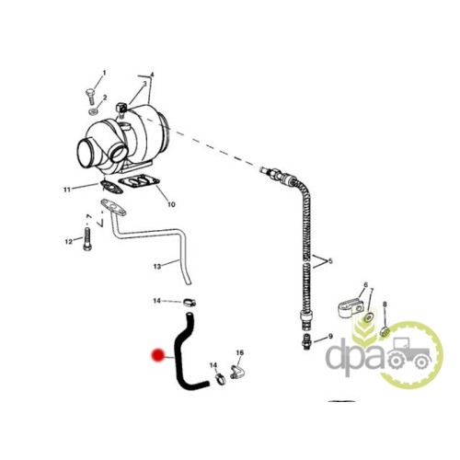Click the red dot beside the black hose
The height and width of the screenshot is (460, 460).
(x=158, y=355)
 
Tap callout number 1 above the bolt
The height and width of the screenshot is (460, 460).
(x=104, y=73)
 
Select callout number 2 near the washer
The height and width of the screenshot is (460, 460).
(x=105, y=98)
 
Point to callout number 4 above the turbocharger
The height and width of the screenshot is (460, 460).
(x=152, y=75)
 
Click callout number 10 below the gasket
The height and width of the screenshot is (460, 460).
(x=171, y=204)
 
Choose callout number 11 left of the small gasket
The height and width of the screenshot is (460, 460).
(x=67, y=190)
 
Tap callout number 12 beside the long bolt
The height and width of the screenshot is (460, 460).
(x=69, y=242)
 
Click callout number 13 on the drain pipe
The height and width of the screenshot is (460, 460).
(x=157, y=267)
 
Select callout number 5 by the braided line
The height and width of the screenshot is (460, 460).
(x=330, y=261)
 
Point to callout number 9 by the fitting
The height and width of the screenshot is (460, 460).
(x=330, y=337)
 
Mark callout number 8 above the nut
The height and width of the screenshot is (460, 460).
(x=385, y=305)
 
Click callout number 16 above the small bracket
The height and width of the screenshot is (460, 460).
(x=240, y=353)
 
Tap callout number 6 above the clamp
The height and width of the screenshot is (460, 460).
(x=365, y=285)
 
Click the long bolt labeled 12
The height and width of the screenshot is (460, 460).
(x=87, y=239)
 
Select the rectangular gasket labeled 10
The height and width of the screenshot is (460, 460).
(x=139, y=181)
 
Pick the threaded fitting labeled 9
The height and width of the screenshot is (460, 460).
(x=306, y=341)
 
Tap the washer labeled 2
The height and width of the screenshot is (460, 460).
(x=93, y=112)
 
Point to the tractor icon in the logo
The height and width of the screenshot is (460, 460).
(x=408, y=353)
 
